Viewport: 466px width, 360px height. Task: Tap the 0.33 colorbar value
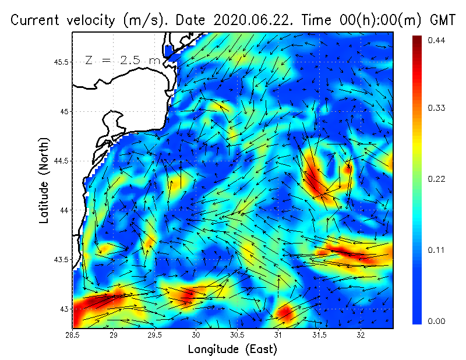437,108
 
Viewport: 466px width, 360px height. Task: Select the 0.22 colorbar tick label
437,179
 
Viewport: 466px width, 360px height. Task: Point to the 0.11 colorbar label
437,250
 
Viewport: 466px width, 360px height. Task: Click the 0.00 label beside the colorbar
437,321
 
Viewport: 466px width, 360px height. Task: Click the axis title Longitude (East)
232,349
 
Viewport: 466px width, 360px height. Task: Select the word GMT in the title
441,20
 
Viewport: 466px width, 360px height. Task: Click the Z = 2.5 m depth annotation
123,61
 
